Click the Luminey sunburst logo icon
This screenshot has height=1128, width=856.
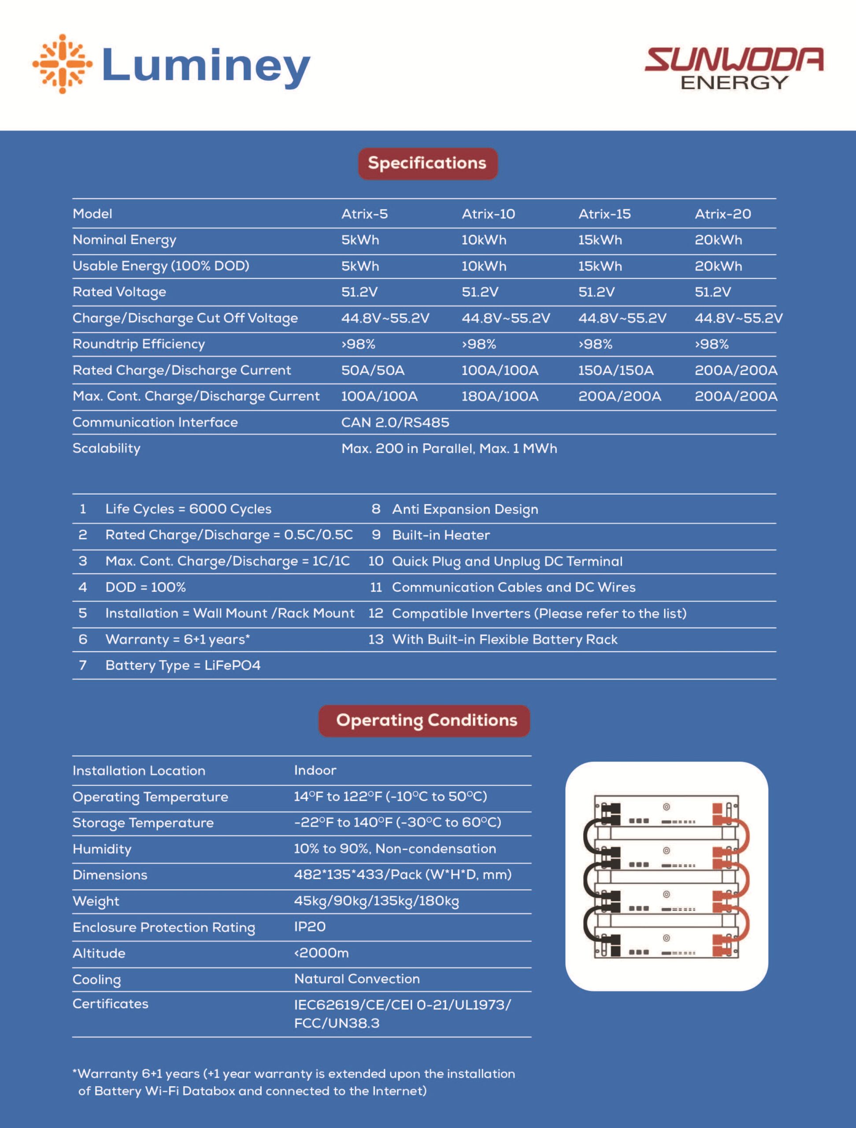(63, 64)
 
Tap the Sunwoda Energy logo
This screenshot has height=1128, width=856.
(734, 68)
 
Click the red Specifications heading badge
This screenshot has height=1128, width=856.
(427, 163)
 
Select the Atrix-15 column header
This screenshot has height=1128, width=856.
(604, 214)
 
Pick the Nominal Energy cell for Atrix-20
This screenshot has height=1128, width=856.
(718, 240)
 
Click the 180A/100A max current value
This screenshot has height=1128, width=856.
(500, 396)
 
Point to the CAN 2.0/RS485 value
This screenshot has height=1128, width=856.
(395, 422)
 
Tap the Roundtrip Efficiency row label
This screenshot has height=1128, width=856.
(139, 344)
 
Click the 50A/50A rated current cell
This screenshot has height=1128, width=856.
(373, 370)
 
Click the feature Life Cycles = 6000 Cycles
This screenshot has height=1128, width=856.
(188, 509)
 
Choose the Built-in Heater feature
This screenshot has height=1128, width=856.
(441, 535)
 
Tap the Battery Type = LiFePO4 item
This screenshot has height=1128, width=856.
(182, 665)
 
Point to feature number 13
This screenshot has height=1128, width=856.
(376, 639)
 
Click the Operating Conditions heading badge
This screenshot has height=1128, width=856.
(426, 720)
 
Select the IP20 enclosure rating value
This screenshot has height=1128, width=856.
(309, 927)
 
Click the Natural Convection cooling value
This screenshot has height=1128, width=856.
(357, 979)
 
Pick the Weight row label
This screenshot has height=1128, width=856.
(96, 901)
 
